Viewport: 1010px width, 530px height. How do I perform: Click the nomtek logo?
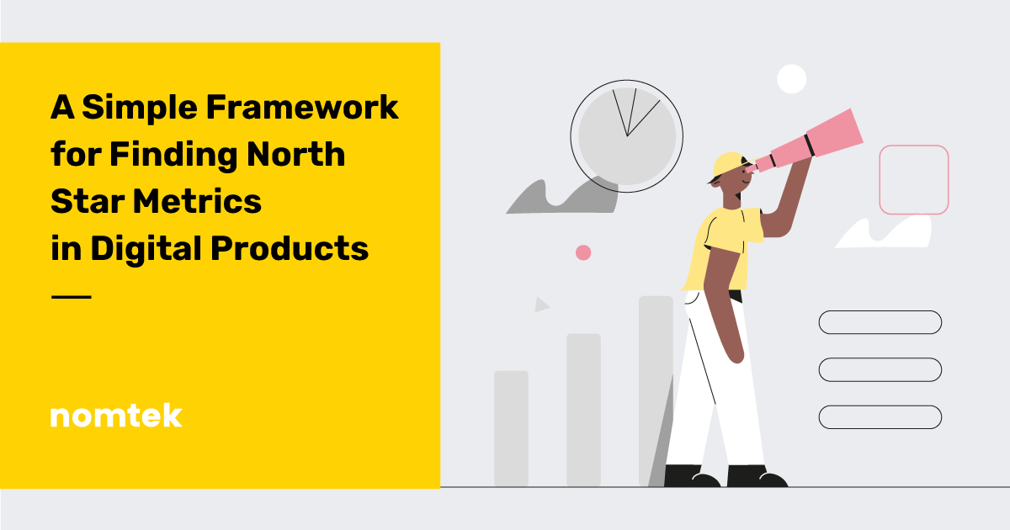click(115, 416)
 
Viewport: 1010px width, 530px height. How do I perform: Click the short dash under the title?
click(71, 297)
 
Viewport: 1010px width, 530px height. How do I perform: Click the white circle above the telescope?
click(791, 78)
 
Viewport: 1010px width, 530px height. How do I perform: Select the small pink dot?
click(582, 252)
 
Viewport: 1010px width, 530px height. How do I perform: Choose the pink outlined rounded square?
click(913, 179)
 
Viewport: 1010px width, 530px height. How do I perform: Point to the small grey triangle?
click(541, 305)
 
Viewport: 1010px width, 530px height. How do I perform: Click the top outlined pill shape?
click(880, 322)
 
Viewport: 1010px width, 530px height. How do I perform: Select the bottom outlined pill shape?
click(880, 416)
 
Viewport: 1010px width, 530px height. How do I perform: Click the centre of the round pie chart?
click(627, 135)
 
